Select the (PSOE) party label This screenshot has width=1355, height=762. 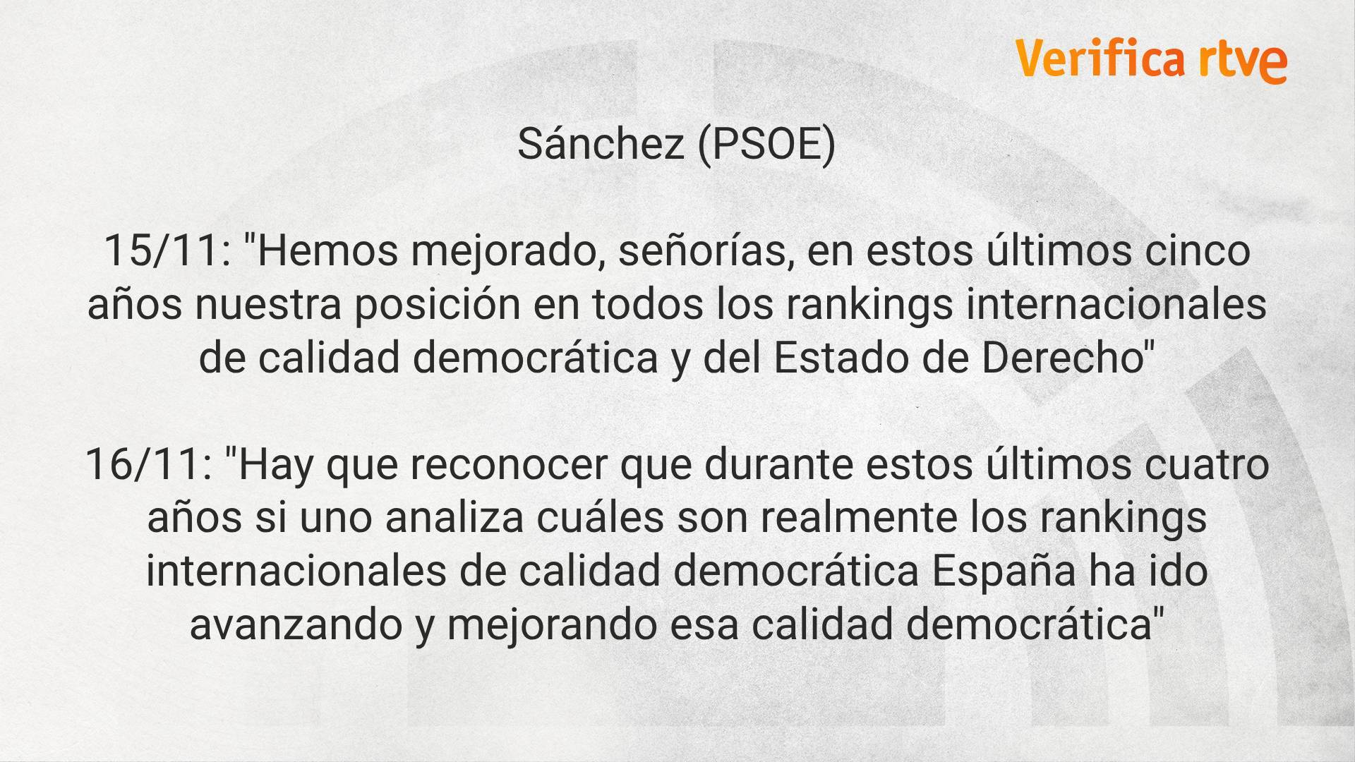pos(766,145)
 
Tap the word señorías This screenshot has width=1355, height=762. pos(706,253)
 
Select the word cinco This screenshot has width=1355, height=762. pos(1198,253)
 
